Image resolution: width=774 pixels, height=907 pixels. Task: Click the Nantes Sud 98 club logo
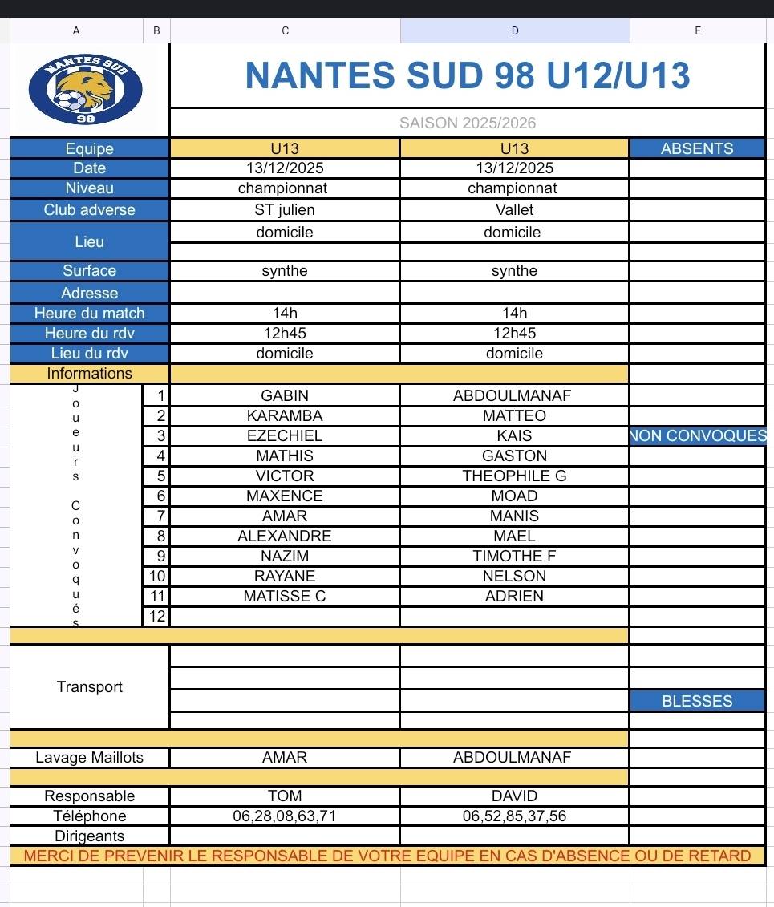tap(85, 88)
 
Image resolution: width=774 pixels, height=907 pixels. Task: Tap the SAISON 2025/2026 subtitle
tap(468, 123)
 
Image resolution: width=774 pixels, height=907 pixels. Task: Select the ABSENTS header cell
tap(697, 148)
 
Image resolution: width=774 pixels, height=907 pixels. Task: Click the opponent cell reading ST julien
tap(285, 210)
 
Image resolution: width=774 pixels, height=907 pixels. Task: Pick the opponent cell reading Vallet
tap(514, 210)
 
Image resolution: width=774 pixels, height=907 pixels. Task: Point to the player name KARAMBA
tap(285, 415)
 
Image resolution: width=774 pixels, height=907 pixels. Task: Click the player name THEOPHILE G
tap(514, 476)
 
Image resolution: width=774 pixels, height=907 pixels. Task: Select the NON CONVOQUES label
tap(699, 436)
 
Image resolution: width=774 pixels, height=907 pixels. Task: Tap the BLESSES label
tap(697, 701)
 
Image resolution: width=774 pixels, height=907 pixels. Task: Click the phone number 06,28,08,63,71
tap(285, 816)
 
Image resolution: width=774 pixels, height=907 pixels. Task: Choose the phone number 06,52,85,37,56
tap(514, 816)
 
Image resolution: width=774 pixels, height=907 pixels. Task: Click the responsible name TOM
tap(285, 796)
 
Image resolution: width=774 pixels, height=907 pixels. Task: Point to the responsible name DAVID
tap(514, 796)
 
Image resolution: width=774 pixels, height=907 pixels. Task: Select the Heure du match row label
tap(89, 314)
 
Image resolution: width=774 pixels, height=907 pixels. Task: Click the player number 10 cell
tap(156, 576)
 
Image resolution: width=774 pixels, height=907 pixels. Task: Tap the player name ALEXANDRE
tap(285, 536)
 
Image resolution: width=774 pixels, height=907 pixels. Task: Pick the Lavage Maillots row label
tap(89, 757)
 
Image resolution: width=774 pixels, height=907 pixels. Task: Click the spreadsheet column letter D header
tap(515, 30)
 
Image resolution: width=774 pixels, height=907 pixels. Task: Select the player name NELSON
tap(514, 576)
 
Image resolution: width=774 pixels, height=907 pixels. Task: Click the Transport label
tap(89, 686)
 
